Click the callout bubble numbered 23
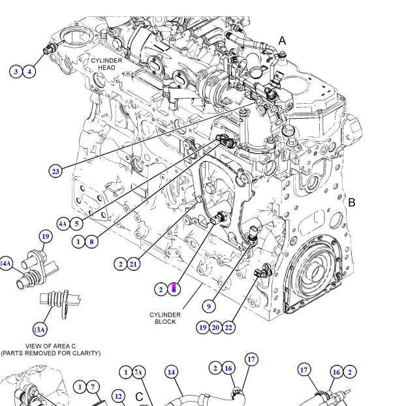pos(55,172)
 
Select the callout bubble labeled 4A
pos(63,224)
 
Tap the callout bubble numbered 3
pos(16,71)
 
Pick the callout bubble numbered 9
pos(209,305)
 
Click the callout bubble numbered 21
pos(133,264)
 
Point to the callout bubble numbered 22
pos(228,327)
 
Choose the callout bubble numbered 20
pos(215,327)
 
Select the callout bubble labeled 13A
pos(40,329)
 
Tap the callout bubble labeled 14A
pos(5,263)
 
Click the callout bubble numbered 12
pos(118,396)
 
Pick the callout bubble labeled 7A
pos(138,372)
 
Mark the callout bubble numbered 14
pos(171,372)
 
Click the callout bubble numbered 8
pos(91,242)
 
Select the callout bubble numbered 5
pos(76,224)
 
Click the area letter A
pos(282,40)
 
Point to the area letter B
pos(351,202)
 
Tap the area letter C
pos(138,396)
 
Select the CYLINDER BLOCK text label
pos(165,318)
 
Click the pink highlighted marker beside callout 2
pos(174,289)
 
